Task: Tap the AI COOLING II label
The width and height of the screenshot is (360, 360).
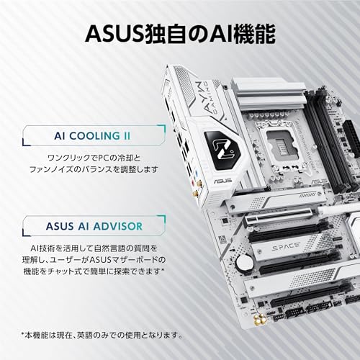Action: pos(92,136)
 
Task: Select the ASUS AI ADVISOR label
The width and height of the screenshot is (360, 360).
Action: pos(94,226)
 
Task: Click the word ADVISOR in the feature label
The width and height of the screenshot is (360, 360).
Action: pos(118,226)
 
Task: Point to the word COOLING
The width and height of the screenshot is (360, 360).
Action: pos(94,136)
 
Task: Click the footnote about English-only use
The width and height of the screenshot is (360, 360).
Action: pos(102,335)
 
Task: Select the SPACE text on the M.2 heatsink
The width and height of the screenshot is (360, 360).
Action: pos(286,247)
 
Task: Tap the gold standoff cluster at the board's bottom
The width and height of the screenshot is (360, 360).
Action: pos(261,320)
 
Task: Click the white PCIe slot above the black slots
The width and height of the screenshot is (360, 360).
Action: pos(279,216)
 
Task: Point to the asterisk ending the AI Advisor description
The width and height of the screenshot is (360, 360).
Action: pos(163,270)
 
